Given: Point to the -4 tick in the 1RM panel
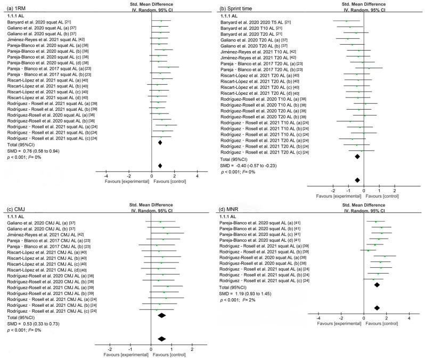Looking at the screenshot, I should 105,176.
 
